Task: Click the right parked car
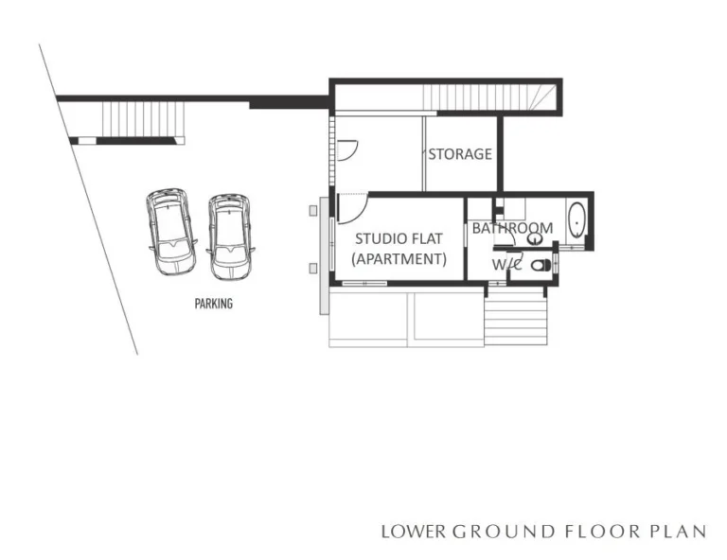pyautogui.click(x=230, y=237)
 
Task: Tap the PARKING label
pyautogui.click(x=213, y=305)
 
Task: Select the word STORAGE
pyautogui.click(x=460, y=153)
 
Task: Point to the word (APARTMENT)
pyautogui.click(x=399, y=258)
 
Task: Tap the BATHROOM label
pyautogui.click(x=512, y=228)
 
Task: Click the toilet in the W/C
pyautogui.click(x=541, y=266)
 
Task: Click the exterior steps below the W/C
pyautogui.click(x=516, y=319)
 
